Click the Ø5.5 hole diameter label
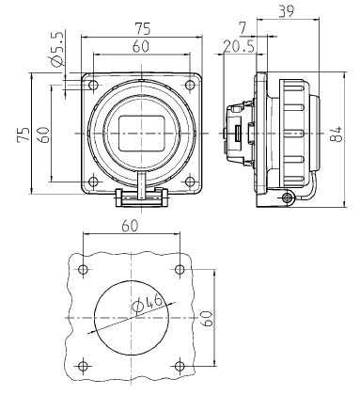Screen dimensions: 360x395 [x=58, y=49]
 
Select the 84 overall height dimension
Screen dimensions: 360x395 [x=336, y=134]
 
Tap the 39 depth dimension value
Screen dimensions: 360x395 [x=287, y=11]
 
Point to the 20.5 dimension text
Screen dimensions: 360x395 [x=239, y=47]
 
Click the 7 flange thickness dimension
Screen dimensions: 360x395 [x=243, y=29]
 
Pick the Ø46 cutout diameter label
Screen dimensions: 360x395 [x=148, y=304]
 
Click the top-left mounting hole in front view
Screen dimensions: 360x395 [x=93, y=86]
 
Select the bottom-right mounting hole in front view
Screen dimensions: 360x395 [x=190, y=182]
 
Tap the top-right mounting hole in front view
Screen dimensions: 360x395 [x=190, y=85]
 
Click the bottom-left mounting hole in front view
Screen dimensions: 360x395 [x=93, y=182]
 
